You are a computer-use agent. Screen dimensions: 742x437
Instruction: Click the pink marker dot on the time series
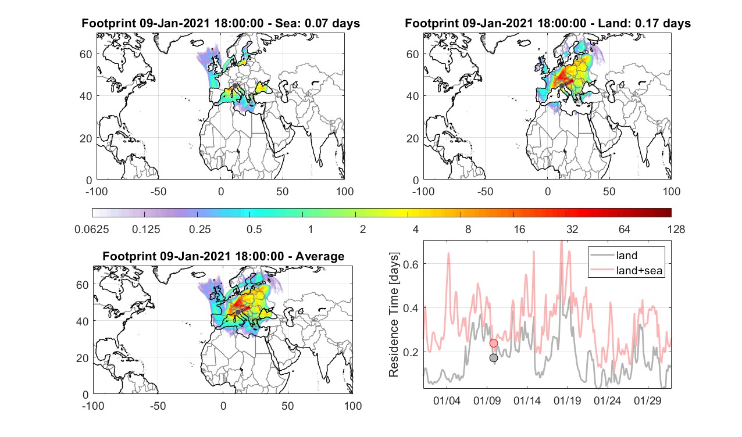pos(494,343)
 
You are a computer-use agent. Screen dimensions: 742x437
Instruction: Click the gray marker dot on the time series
pos(494,358)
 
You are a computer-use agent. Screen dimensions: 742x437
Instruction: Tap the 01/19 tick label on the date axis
pos(567,401)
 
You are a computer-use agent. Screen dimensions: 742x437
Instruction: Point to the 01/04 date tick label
pos(447,401)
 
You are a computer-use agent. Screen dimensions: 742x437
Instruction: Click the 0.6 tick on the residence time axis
pos(411,264)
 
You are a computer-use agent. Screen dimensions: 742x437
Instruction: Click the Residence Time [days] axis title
pos(394,315)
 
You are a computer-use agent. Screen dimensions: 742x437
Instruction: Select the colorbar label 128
pos(676,229)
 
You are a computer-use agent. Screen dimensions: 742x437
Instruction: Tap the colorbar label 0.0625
pos(92,229)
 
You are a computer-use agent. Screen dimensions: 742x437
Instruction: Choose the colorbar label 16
pos(519,229)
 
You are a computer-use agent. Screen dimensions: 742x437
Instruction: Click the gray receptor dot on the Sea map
pos(235,86)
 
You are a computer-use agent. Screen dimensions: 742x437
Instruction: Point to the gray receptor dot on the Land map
pos(562,86)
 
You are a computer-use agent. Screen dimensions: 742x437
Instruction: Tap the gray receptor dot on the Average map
pos(238,312)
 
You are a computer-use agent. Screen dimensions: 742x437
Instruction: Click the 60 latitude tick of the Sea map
pos(86,54)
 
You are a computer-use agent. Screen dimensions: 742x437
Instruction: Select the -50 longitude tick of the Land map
pos(486,192)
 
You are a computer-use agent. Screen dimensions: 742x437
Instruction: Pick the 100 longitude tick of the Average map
pos(353,406)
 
